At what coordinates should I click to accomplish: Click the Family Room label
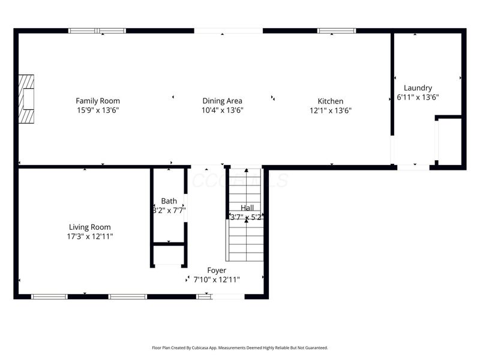point(97,101)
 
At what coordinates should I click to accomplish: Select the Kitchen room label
point(330,101)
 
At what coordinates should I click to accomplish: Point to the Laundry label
point(418,88)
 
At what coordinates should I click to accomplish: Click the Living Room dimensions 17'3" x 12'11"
point(90,236)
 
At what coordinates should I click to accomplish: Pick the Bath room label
point(169,201)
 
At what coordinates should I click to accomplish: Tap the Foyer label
point(217,271)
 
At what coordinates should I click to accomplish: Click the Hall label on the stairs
point(247,208)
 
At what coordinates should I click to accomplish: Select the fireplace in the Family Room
point(26,99)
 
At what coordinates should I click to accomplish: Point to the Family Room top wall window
point(97,31)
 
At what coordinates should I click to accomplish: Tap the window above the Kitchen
point(336,31)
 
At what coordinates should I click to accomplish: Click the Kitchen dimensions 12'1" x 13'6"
point(330,110)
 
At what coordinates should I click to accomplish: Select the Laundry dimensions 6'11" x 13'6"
point(418,97)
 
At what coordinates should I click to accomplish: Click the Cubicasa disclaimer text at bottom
point(240,347)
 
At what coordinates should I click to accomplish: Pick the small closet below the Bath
point(169,255)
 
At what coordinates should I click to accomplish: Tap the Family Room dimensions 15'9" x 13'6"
point(97,110)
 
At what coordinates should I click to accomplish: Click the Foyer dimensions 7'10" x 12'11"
point(217,280)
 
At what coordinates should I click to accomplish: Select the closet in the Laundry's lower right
point(449,141)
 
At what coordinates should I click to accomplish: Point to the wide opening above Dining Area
point(228,31)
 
